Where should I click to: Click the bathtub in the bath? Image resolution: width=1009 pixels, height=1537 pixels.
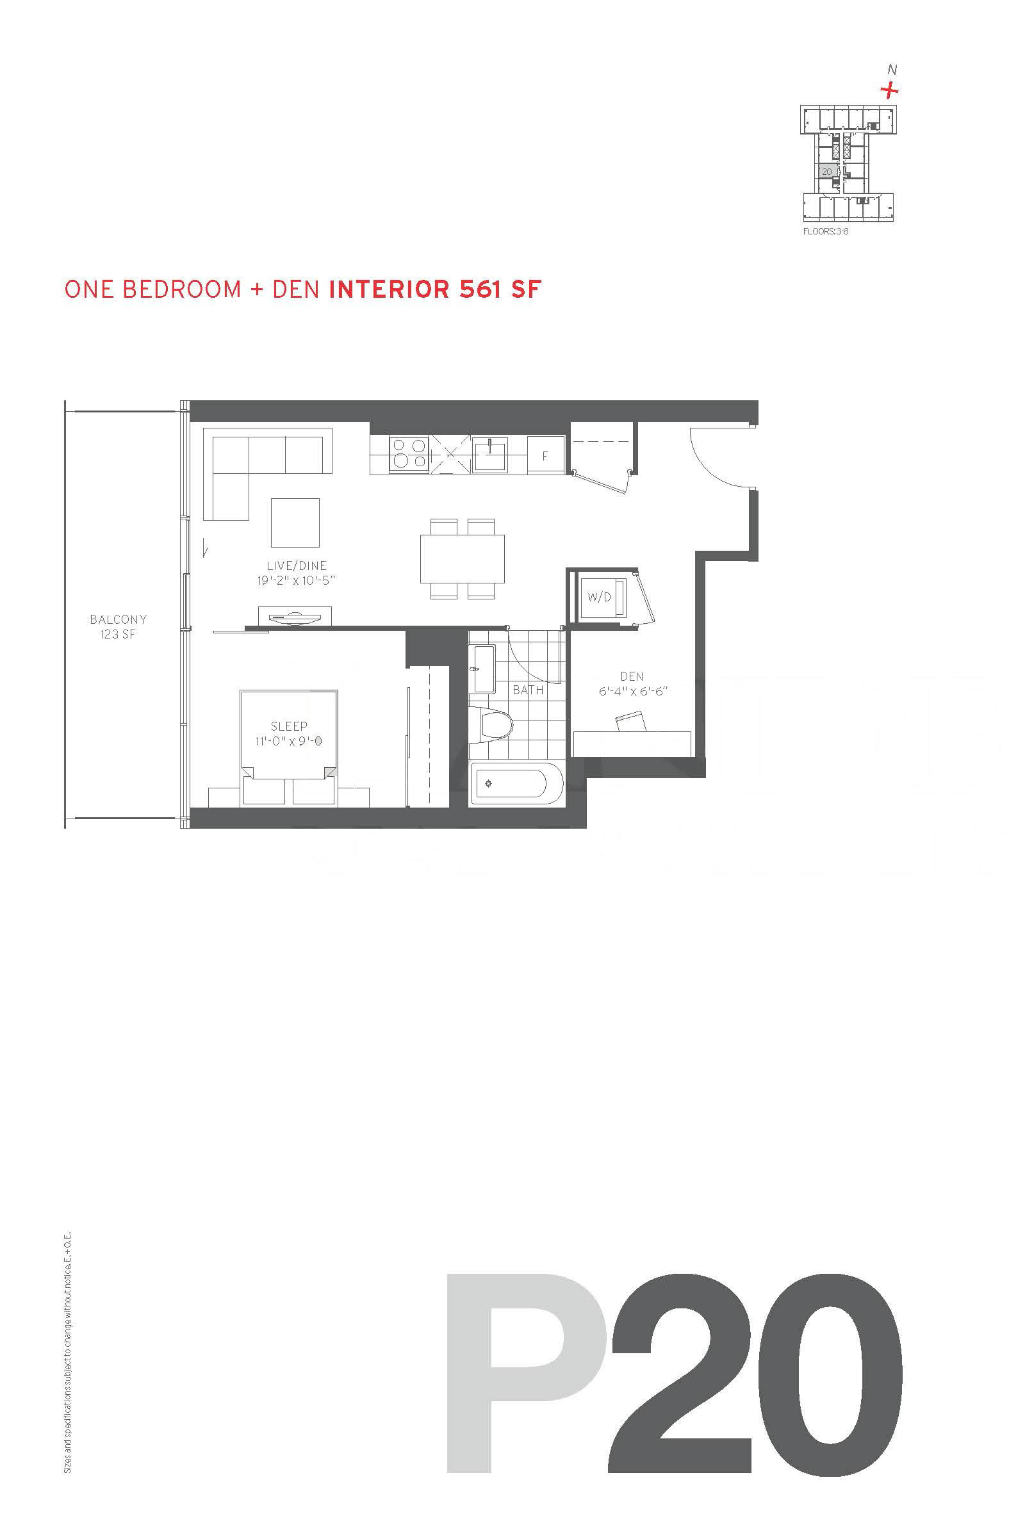(517, 783)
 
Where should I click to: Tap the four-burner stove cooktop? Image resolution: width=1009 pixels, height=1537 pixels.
(409, 453)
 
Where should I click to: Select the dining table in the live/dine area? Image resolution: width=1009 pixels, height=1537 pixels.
(462, 558)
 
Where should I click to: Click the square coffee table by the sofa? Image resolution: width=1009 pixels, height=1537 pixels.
(295, 523)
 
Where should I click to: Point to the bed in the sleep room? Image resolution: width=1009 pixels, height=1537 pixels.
(289, 747)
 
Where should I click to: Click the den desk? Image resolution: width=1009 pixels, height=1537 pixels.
(632, 744)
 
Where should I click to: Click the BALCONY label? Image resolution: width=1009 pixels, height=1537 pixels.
(119, 619)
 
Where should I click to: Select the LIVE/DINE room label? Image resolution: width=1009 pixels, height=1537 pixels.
(297, 565)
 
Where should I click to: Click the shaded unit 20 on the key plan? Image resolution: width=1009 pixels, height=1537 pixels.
(828, 171)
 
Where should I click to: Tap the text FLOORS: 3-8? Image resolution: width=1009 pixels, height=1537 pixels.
(826, 231)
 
